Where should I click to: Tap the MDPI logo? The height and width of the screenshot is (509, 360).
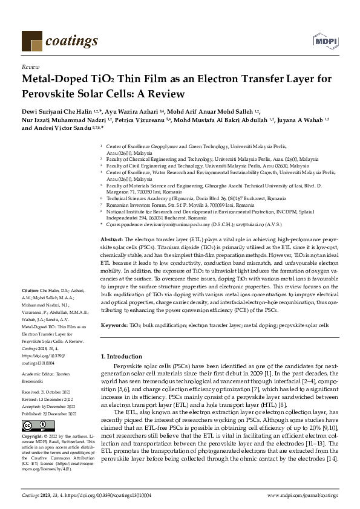(x=325, y=40)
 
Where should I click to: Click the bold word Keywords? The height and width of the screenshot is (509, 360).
(x=114, y=325)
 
